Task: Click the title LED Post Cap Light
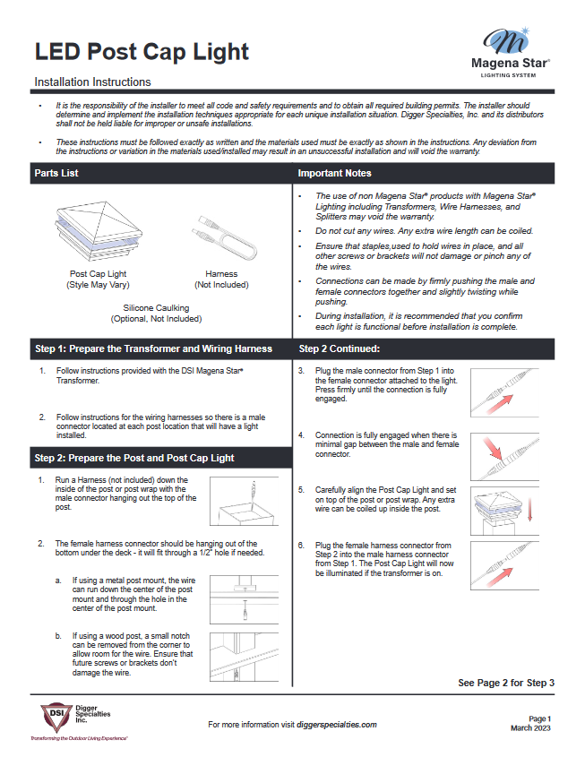click(x=142, y=51)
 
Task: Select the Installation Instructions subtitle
click(x=92, y=82)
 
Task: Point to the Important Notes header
click(x=334, y=173)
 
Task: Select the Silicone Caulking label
click(x=156, y=308)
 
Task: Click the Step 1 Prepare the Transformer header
click(x=153, y=348)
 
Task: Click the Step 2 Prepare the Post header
click(x=134, y=458)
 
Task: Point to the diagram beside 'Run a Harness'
click(x=245, y=502)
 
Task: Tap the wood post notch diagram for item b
click(x=245, y=658)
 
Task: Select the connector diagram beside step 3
click(x=506, y=392)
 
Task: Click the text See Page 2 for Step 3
click(x=506, y=683)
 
